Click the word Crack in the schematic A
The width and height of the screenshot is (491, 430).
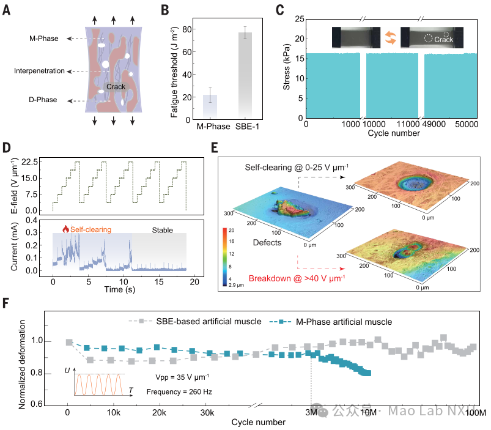click(116, 87)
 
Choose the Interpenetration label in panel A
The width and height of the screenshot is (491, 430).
click(40, 71)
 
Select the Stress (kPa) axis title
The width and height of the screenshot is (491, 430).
click(287, 68)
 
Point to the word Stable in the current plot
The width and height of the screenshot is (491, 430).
click(162, 230)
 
